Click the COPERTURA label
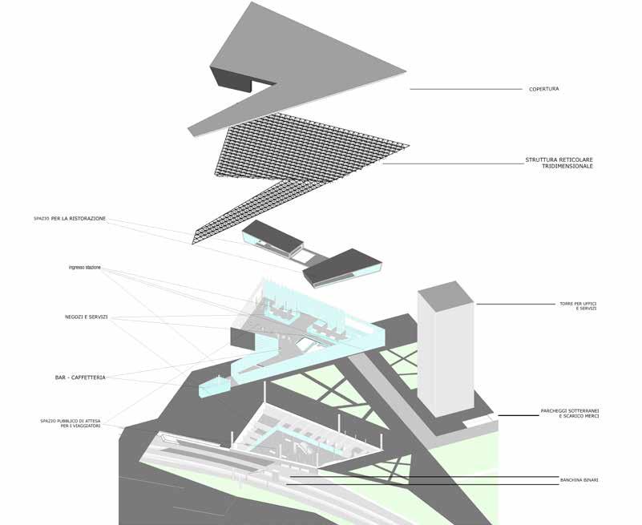(x=543, y=89)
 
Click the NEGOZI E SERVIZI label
(x=87, y=317)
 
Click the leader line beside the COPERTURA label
(x=465, y=89)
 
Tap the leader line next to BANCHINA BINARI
(x=425, y=479)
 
